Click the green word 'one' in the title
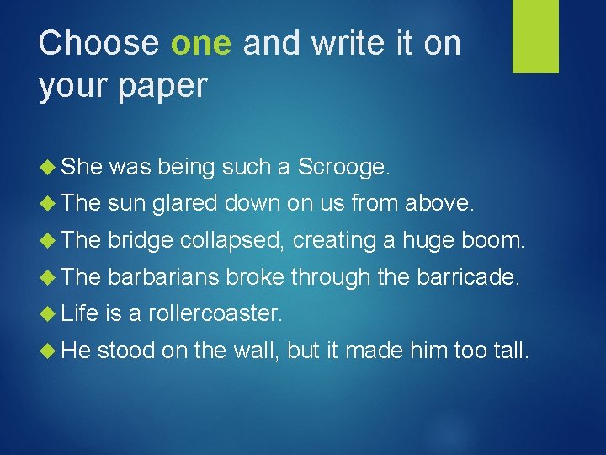[x=201, y=44]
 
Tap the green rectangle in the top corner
[x=536, y=36]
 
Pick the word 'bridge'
[x=142, y=240]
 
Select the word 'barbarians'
[x=165, y=276]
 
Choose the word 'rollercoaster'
[x=214, y=313]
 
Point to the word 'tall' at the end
[x=508, y=349]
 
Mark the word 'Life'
[x=80, y=313]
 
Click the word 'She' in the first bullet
[x=81, y=168]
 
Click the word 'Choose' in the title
[x=98, y=44]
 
